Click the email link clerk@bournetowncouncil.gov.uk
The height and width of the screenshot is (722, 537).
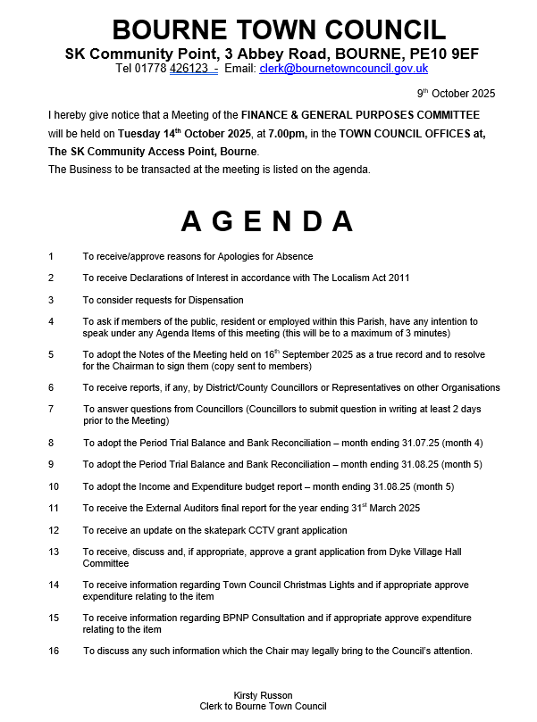344,69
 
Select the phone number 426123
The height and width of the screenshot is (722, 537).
189,69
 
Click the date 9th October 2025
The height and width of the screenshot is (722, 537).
456,94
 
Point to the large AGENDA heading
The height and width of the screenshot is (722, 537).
267,221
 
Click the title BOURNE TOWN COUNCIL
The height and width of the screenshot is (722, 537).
268,29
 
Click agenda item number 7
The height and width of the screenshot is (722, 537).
51,409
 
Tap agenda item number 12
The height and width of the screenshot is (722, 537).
54,530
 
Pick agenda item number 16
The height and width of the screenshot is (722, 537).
54,651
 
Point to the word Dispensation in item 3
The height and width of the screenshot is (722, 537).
214,300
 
